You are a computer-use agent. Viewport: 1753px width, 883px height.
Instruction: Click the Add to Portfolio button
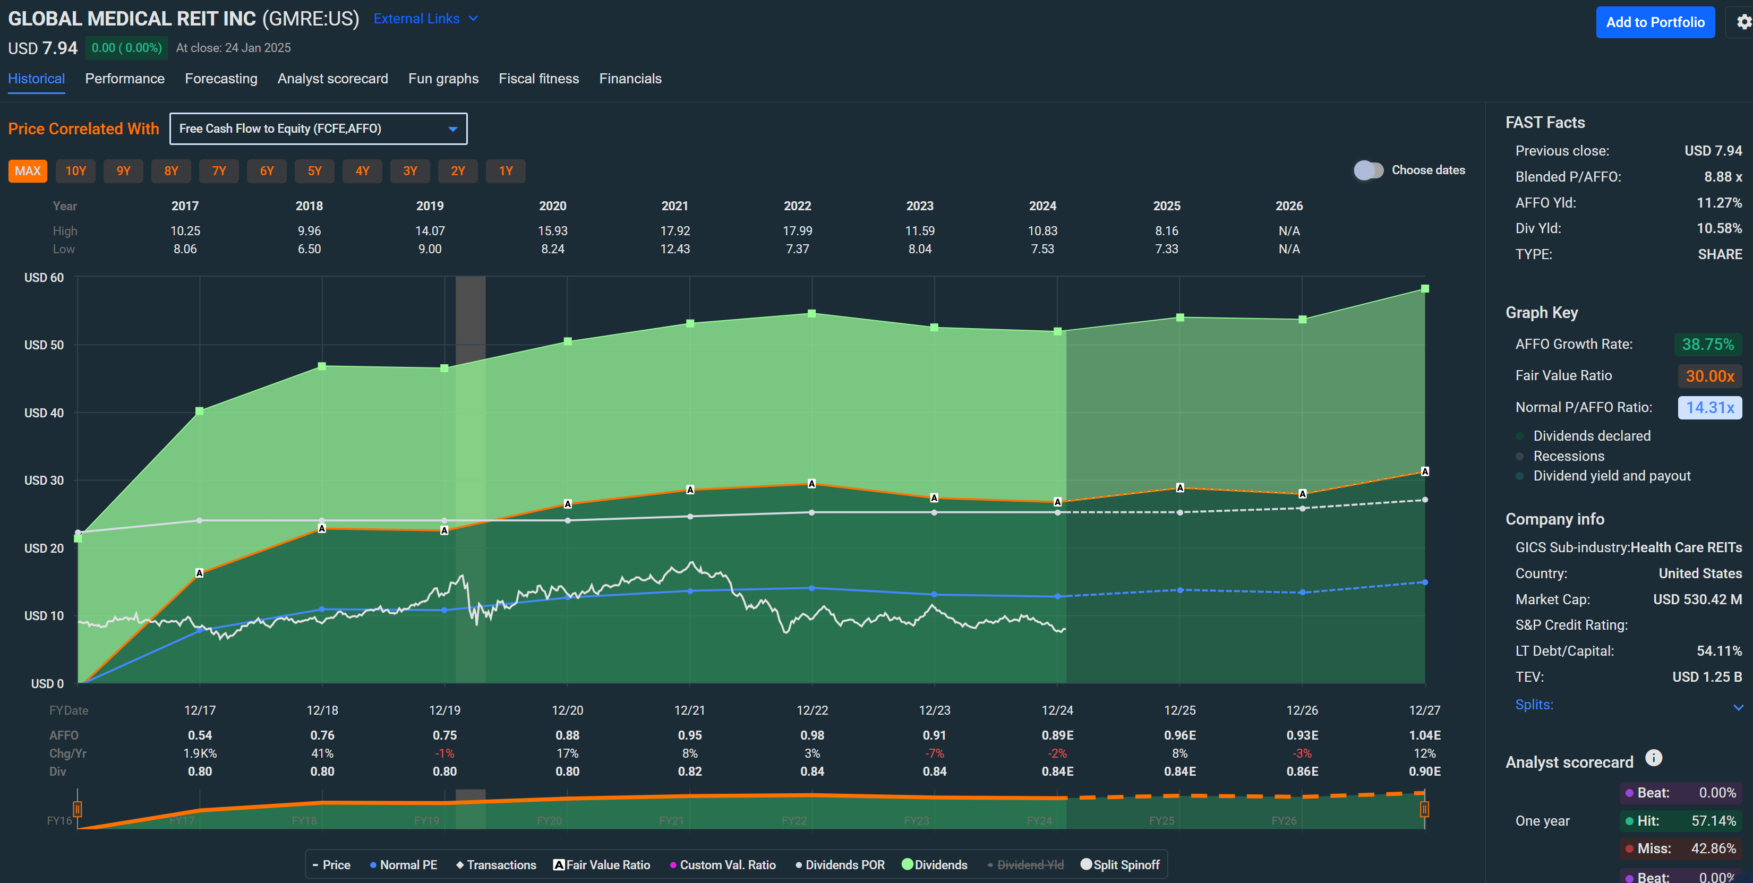(x=1654, y=22)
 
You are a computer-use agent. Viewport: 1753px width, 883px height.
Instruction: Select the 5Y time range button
(x=314, y=171)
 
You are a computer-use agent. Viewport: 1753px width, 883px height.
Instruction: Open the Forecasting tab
(x=220, y=79)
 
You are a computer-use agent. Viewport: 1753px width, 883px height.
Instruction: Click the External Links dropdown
(x=425, y=19)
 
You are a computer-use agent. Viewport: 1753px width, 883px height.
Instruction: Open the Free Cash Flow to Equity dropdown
(x=318, y=128)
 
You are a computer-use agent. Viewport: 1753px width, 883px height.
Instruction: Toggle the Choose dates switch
(x=1368, y=170)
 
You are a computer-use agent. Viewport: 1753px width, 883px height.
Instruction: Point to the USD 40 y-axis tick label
(x=44, y=413)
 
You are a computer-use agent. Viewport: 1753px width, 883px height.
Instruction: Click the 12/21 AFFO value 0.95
(x=689, y=735)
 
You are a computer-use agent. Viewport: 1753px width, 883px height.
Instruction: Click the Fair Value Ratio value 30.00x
(x=1709, y=376)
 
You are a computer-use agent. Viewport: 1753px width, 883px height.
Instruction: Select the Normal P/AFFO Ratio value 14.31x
(x=1709, y=407)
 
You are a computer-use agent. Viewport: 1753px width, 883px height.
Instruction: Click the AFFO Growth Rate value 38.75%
(x=1707, y=344)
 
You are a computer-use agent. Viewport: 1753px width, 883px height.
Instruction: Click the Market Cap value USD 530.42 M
(x=1697, y=599)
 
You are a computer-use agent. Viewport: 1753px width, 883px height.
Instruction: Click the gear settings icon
(x=1744, y=22)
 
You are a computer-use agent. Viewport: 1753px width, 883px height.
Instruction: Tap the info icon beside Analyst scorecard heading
(x=1653, y=758)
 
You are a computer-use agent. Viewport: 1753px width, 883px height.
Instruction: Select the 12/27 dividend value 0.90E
(x=1424, y=771)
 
